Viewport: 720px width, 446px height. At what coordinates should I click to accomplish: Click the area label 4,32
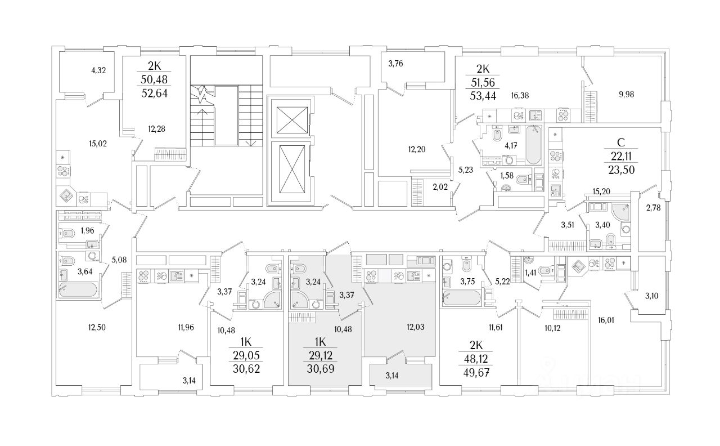(x=99, y=70)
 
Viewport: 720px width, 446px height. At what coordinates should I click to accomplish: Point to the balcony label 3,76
(x=395, y=63)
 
